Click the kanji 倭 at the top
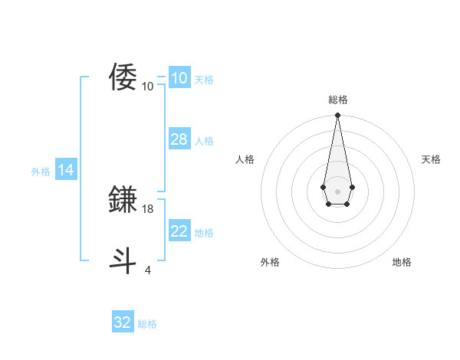123,77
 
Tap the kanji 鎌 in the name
123,199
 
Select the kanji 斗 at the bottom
123,260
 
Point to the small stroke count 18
148,209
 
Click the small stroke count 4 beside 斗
148,270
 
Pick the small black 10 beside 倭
148,87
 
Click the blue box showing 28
179,139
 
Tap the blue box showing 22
179,231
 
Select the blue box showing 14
66,171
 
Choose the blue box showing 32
123,322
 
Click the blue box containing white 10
179,78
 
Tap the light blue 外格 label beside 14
41,172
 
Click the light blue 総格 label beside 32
147,324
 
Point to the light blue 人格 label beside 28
204,141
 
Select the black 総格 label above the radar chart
337,100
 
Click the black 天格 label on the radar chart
431,159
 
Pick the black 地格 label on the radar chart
402,262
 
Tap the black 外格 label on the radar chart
270,262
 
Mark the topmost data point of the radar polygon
337,116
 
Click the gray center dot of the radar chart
337,190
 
